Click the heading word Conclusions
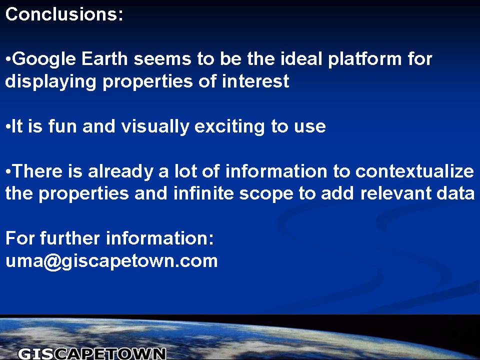(x=64, y=14)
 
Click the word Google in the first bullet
(x=44, y=59)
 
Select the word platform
(x=365, y=59)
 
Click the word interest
(x=255, y=81)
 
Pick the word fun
(x=62, y=126)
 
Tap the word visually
(x=155, y=127)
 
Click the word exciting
(x=229, y=127)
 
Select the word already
(x=120, y=171)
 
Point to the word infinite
(x=203, y=193)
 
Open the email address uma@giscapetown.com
(x=111, y=261)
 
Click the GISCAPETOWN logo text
(x=92, y=354)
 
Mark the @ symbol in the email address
(x=52, y=262)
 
